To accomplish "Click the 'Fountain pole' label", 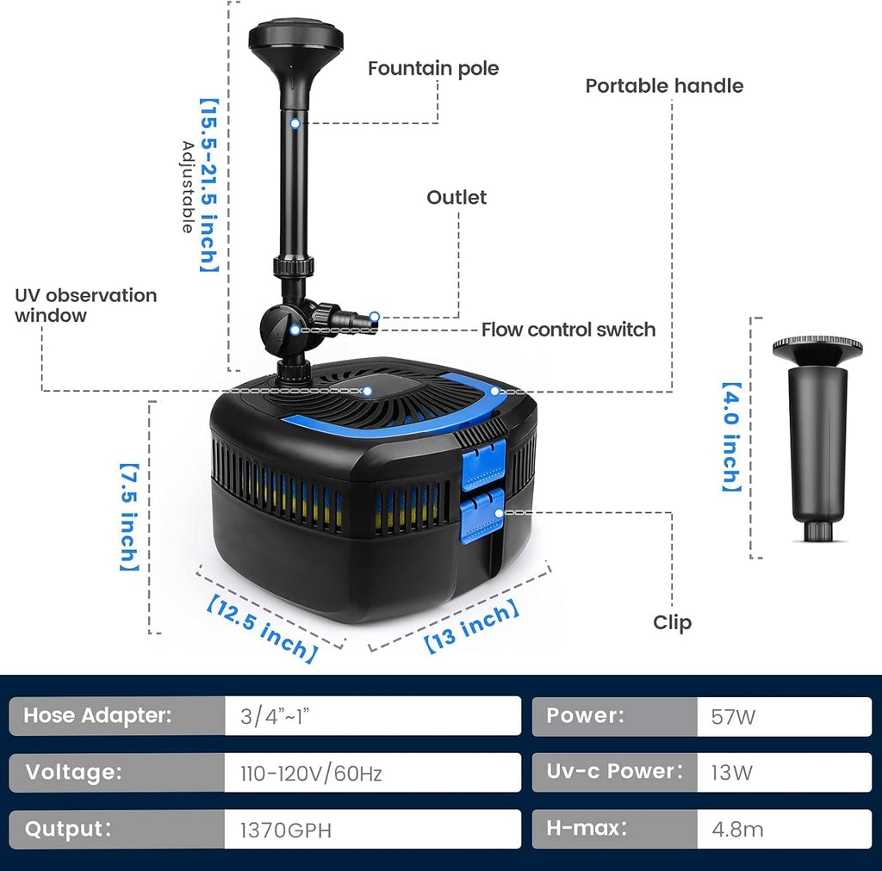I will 433,68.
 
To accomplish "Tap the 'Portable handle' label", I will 664,86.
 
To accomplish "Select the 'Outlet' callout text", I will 457,197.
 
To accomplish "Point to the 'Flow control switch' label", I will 568,330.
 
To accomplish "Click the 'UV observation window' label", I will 85,306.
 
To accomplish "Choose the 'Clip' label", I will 672,622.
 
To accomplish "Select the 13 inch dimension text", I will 473,627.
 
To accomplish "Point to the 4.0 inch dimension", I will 731,437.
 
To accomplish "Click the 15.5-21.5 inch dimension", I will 209,184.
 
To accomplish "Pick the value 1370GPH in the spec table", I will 285,831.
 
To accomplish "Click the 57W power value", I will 734,716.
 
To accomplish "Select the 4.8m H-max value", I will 737,830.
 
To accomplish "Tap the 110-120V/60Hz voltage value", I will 311,773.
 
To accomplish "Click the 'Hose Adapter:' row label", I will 97,715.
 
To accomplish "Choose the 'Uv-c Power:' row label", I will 614,772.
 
